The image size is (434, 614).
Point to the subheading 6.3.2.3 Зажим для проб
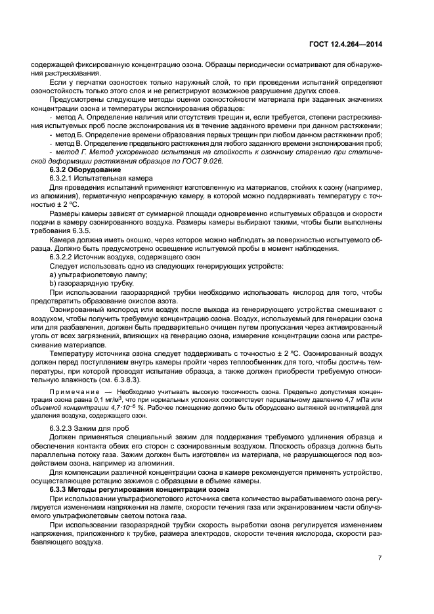tap(90, 429)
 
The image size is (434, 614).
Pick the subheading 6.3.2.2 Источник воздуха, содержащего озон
tap(116, 257)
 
